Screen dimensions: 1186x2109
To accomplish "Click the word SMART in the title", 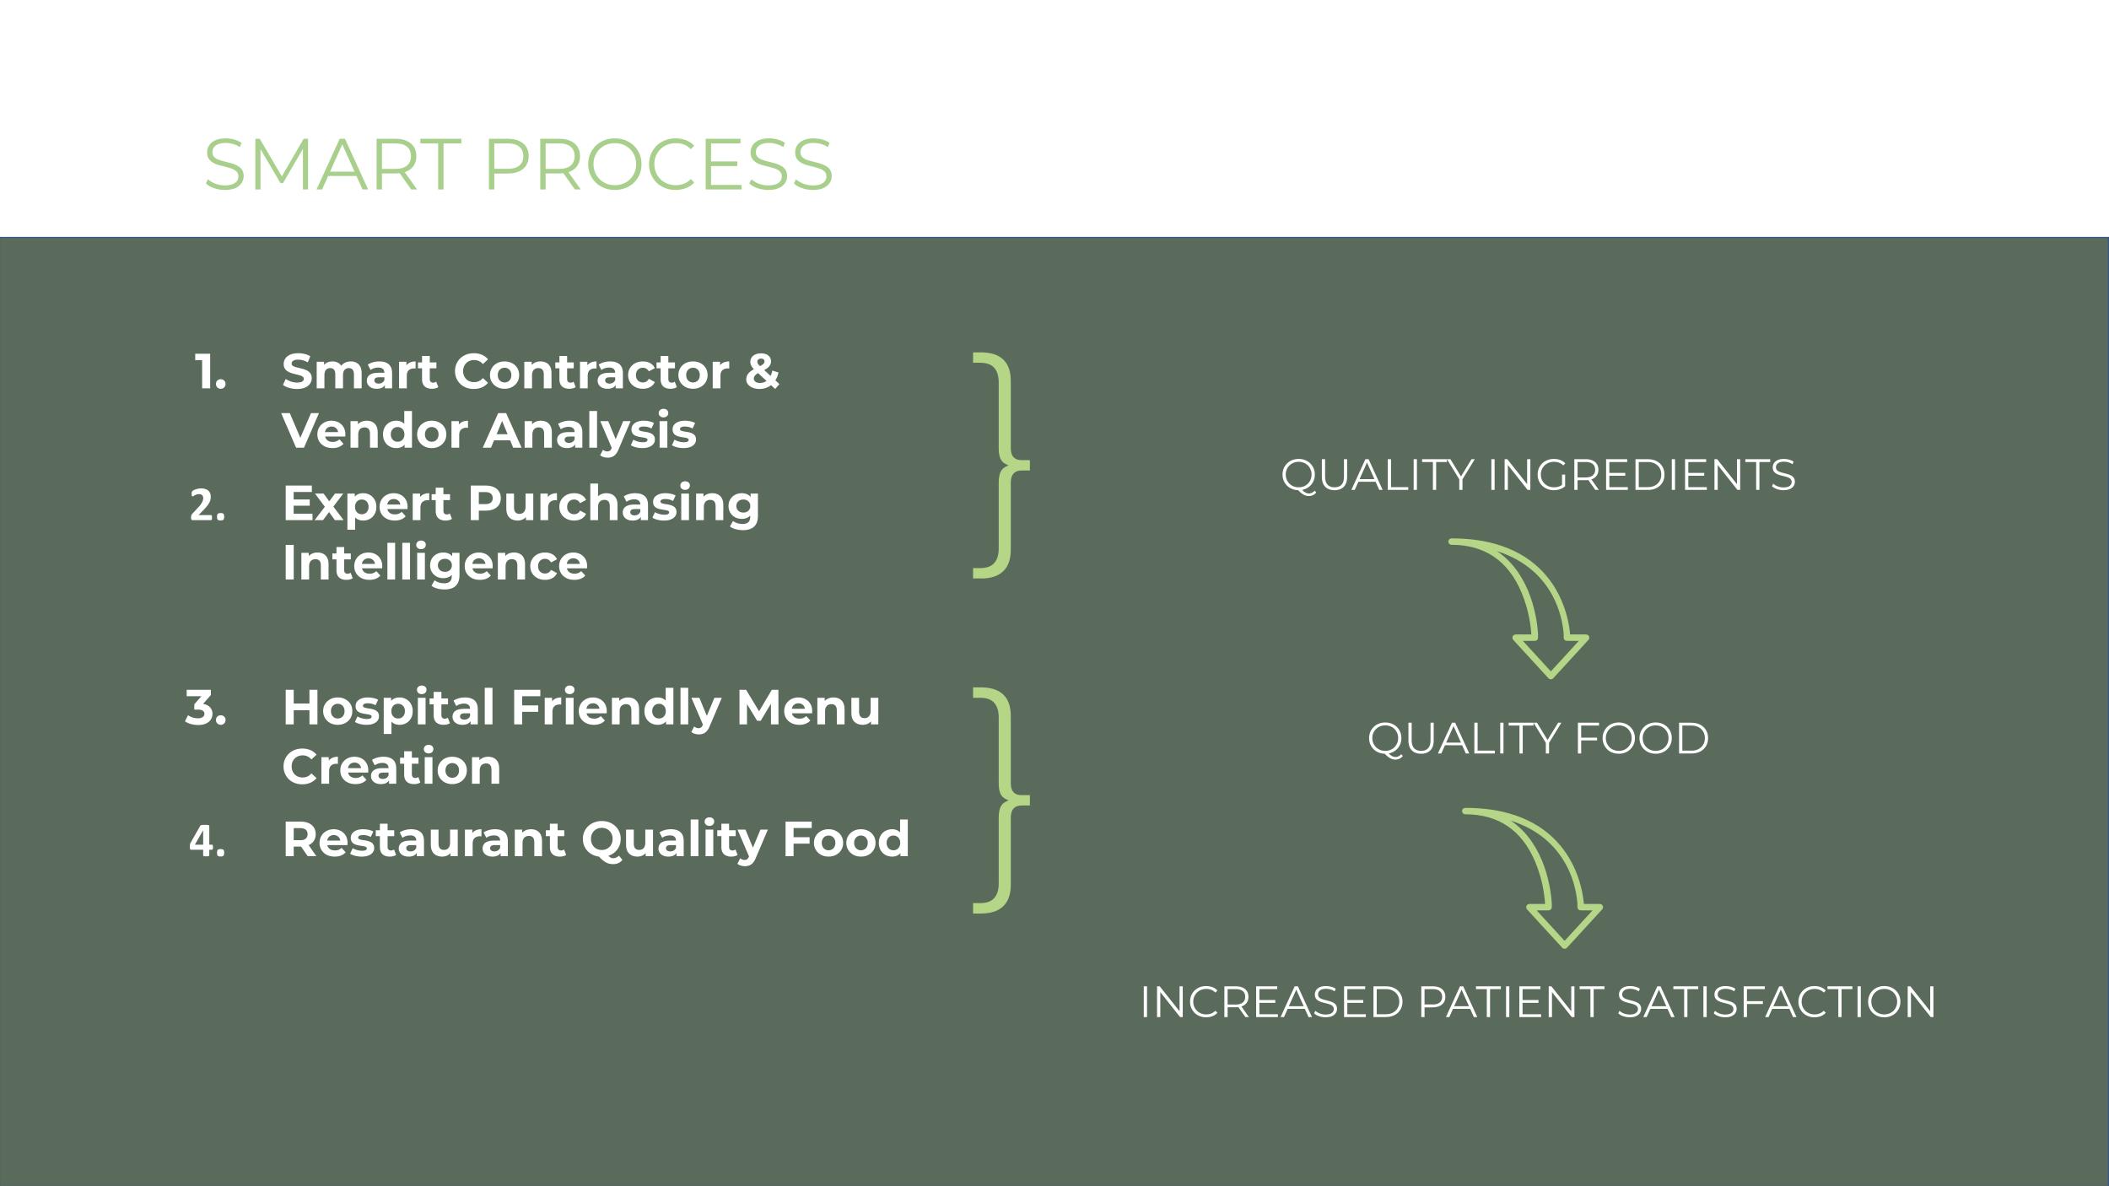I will pyautogui.click(x=332, y=164).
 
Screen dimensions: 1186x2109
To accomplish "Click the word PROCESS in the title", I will pyautogui.click(x=658, y=164).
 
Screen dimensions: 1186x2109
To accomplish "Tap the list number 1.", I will pyautogui.click(x=210, y=372).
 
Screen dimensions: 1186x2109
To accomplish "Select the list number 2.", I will pyautogui.click(x=208, y=505).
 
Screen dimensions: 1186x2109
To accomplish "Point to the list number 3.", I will pyautogui.click(x=206, y=708).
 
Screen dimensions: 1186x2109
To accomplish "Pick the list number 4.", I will pyautogui.click(x=208, y=841).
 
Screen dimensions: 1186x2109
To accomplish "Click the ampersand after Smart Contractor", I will pyautogui.click(x=762, y=372).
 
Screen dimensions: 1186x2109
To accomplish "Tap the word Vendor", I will pyautogui.click(x=375, y=431).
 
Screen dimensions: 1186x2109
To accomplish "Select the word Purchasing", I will pyautogui.click(x=613, y=504).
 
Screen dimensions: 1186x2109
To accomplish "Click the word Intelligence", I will pyautogui.click(x=435, y=563).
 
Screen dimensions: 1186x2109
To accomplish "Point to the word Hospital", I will pyautogui.click(x=388, y=707).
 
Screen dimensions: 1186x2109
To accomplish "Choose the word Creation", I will pyautogui.click(x=391, y=767).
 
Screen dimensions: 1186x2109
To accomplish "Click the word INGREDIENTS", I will pyautogui.click(x=1641, y=475).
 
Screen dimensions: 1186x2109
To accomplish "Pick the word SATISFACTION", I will pyautogui.click(x=1776, y=1002).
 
